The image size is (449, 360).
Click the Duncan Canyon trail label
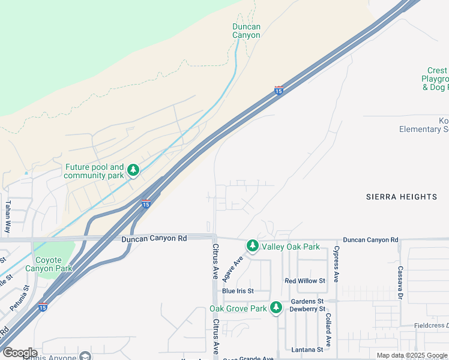point(247,31)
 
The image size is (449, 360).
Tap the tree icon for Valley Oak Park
point(253,246)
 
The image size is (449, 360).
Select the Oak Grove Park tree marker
point(276,308)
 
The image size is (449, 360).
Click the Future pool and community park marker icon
point(133,171)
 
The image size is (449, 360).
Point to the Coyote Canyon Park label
point(49,264)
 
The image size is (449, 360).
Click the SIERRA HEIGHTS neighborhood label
point(402,197)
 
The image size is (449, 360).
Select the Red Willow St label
point(305,281)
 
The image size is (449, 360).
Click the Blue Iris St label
point(238,291)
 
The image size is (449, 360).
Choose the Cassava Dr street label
point(399,283)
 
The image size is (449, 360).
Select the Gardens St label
point(307,301)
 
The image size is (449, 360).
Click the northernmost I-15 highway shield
point(279,90)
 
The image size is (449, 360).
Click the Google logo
point(20,353)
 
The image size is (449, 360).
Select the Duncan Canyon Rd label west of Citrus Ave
point(154,238)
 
